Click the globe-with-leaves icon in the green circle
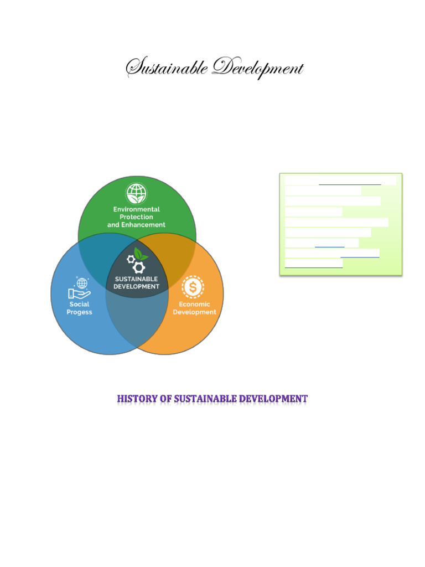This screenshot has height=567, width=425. click(137, 193)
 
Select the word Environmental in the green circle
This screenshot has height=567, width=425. click(137, 209)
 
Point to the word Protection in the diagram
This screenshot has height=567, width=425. click(137, 217)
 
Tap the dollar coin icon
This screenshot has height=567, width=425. click(193, 287)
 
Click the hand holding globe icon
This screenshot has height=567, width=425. click(79, 288)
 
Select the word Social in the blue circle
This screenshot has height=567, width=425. click(79, 304)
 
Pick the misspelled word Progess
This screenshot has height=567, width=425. click(79, 312)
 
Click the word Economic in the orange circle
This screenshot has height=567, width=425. click(194, 304)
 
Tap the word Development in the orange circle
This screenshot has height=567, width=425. click(194, 312)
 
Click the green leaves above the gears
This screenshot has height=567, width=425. click(141, 254)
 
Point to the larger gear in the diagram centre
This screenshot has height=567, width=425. click(138, 267)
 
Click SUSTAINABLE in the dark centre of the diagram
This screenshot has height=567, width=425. click(136, 279)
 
